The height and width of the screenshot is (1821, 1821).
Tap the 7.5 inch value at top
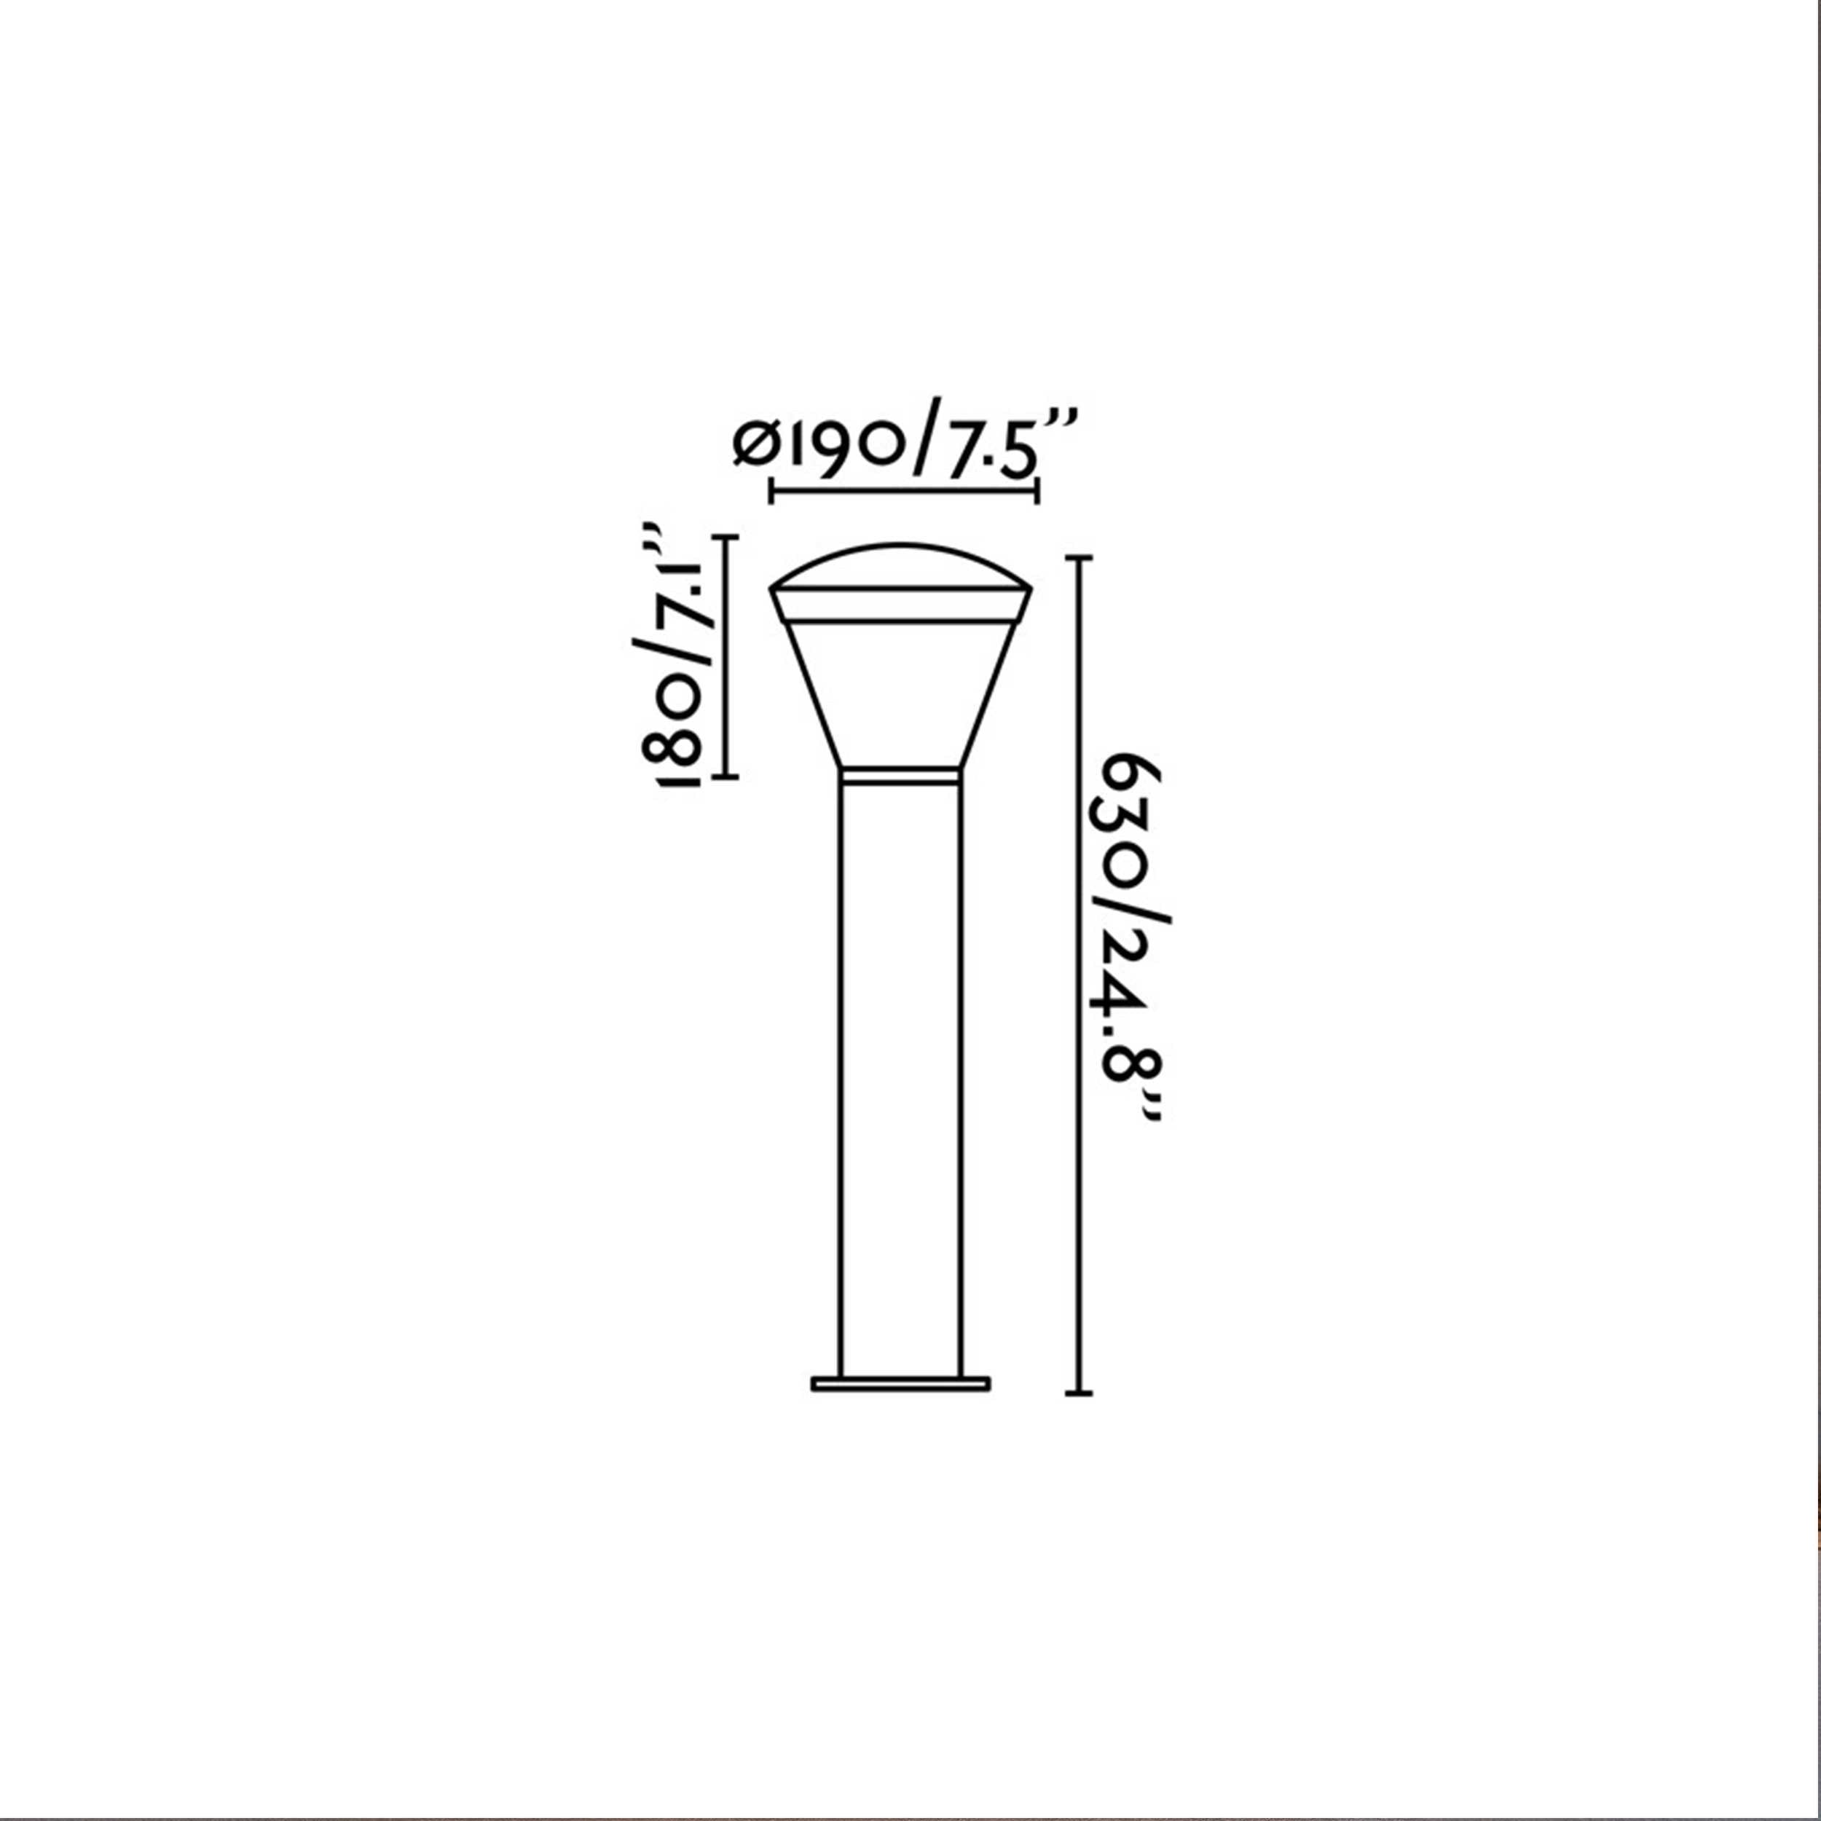point(980,445)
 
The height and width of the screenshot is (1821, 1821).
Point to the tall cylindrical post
point(901,1084)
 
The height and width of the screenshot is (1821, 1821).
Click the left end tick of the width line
point(772,491)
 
